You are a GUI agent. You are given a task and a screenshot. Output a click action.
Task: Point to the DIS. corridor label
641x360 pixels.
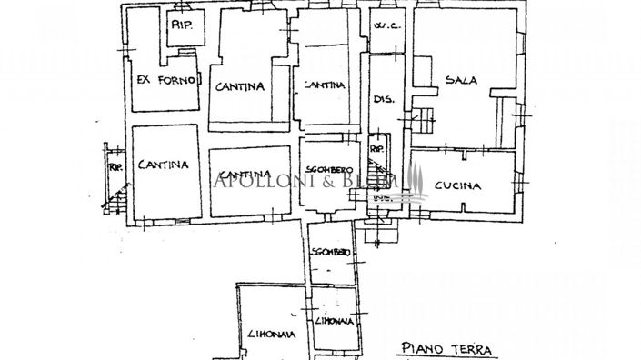click(383, 99)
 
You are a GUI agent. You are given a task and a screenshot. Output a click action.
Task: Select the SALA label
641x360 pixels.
click(462, 80)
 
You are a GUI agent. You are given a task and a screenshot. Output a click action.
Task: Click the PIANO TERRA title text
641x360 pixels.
click(446, 348)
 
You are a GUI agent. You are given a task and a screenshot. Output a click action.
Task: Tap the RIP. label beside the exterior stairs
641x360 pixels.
click(115, 166)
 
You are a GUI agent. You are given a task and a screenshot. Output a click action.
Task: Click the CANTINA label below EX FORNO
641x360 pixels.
click(164, 165)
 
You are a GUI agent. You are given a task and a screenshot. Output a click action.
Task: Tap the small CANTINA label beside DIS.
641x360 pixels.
click(324, 85)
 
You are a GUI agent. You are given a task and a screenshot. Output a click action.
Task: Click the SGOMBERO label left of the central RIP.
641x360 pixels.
click(330, 169)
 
